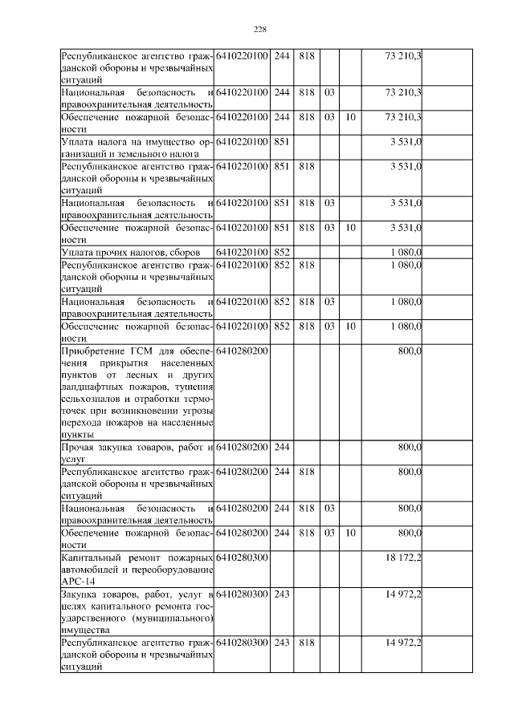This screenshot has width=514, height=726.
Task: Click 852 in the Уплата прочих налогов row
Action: (x=282, y=253)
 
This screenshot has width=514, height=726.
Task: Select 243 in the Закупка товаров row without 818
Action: (x=282, y=594)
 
